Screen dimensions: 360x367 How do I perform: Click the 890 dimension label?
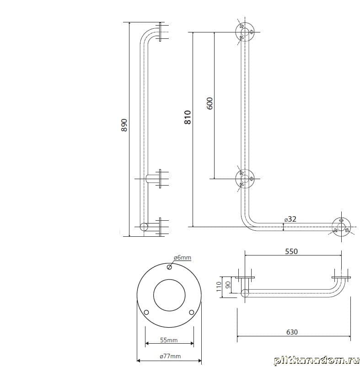[x=124, y=125]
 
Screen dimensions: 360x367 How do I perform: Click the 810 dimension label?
[x=188, y=117]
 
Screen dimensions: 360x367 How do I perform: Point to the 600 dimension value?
[x=210, y=103]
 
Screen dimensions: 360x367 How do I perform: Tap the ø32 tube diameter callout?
[x=290, y=219]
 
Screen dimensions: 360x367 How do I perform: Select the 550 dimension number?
[x=291, y=251]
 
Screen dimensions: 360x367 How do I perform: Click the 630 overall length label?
[x=292, y=332]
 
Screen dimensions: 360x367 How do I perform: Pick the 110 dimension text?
[x=219, y=287]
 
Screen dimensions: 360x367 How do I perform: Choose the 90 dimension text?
[x=228, y=285]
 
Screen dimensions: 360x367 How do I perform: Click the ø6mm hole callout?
[x=183, y=257]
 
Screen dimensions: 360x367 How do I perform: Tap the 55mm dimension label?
[x=169, y=340]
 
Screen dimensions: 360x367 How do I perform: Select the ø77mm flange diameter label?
[x=170, y=356]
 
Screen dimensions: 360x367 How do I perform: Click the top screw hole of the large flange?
[x=169, y=267]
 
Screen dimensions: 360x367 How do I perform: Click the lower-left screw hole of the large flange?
[x=146, y=313]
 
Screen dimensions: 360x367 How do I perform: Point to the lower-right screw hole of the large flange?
[x=192, y=312]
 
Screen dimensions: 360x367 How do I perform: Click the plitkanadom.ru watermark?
[x=317, y=361]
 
